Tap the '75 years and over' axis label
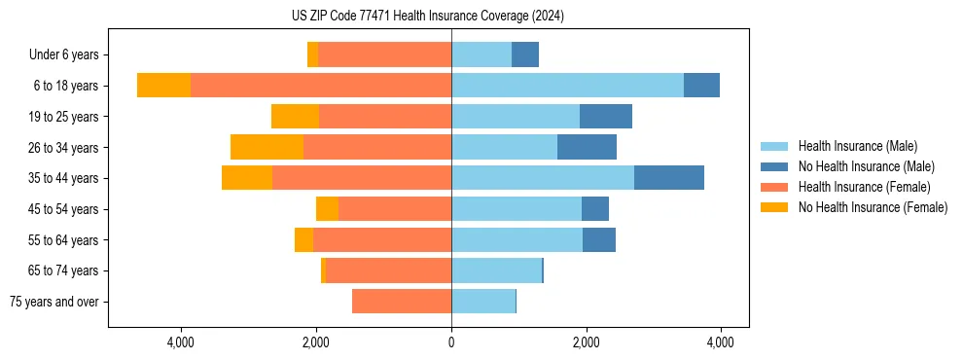click(x=54, y=302)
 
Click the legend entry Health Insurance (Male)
click(x=857, y=146)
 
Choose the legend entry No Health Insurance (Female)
click(x=873, y=207)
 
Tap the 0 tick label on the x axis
click(x=451, y=342)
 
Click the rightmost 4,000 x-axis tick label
click(x=720, y=342)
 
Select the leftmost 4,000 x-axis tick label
click(x=182, y=342)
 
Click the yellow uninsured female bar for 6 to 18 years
click(x=163, y=86)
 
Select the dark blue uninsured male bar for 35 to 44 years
click(x=669, y=178)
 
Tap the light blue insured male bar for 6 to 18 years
click(x=567, y=86)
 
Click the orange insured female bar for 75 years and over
click(x=402, y=302)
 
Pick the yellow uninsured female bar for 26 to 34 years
click(x=267, y=147)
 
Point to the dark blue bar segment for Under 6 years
click(x=525, y=54)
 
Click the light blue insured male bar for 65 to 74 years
click(x=496, y=270)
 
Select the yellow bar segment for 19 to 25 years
click(x=295, y=117)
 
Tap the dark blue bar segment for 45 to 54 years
click(x=595, y=209)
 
